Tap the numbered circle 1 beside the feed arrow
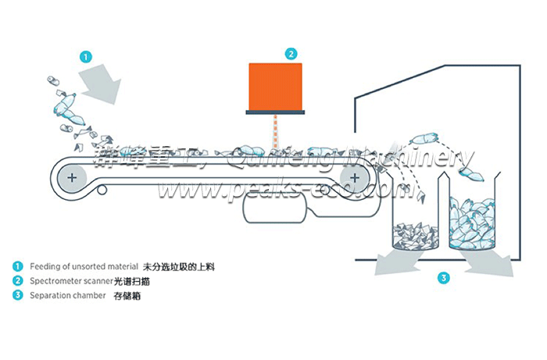point(86,56)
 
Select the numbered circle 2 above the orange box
point(291,54)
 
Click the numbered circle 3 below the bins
point(442,276)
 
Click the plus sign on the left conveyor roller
point(72,178)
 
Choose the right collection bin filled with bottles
point(473,226)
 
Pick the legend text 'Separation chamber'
point(67,295)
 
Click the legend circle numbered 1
point(17,266)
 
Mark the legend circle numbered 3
point(17,295)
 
